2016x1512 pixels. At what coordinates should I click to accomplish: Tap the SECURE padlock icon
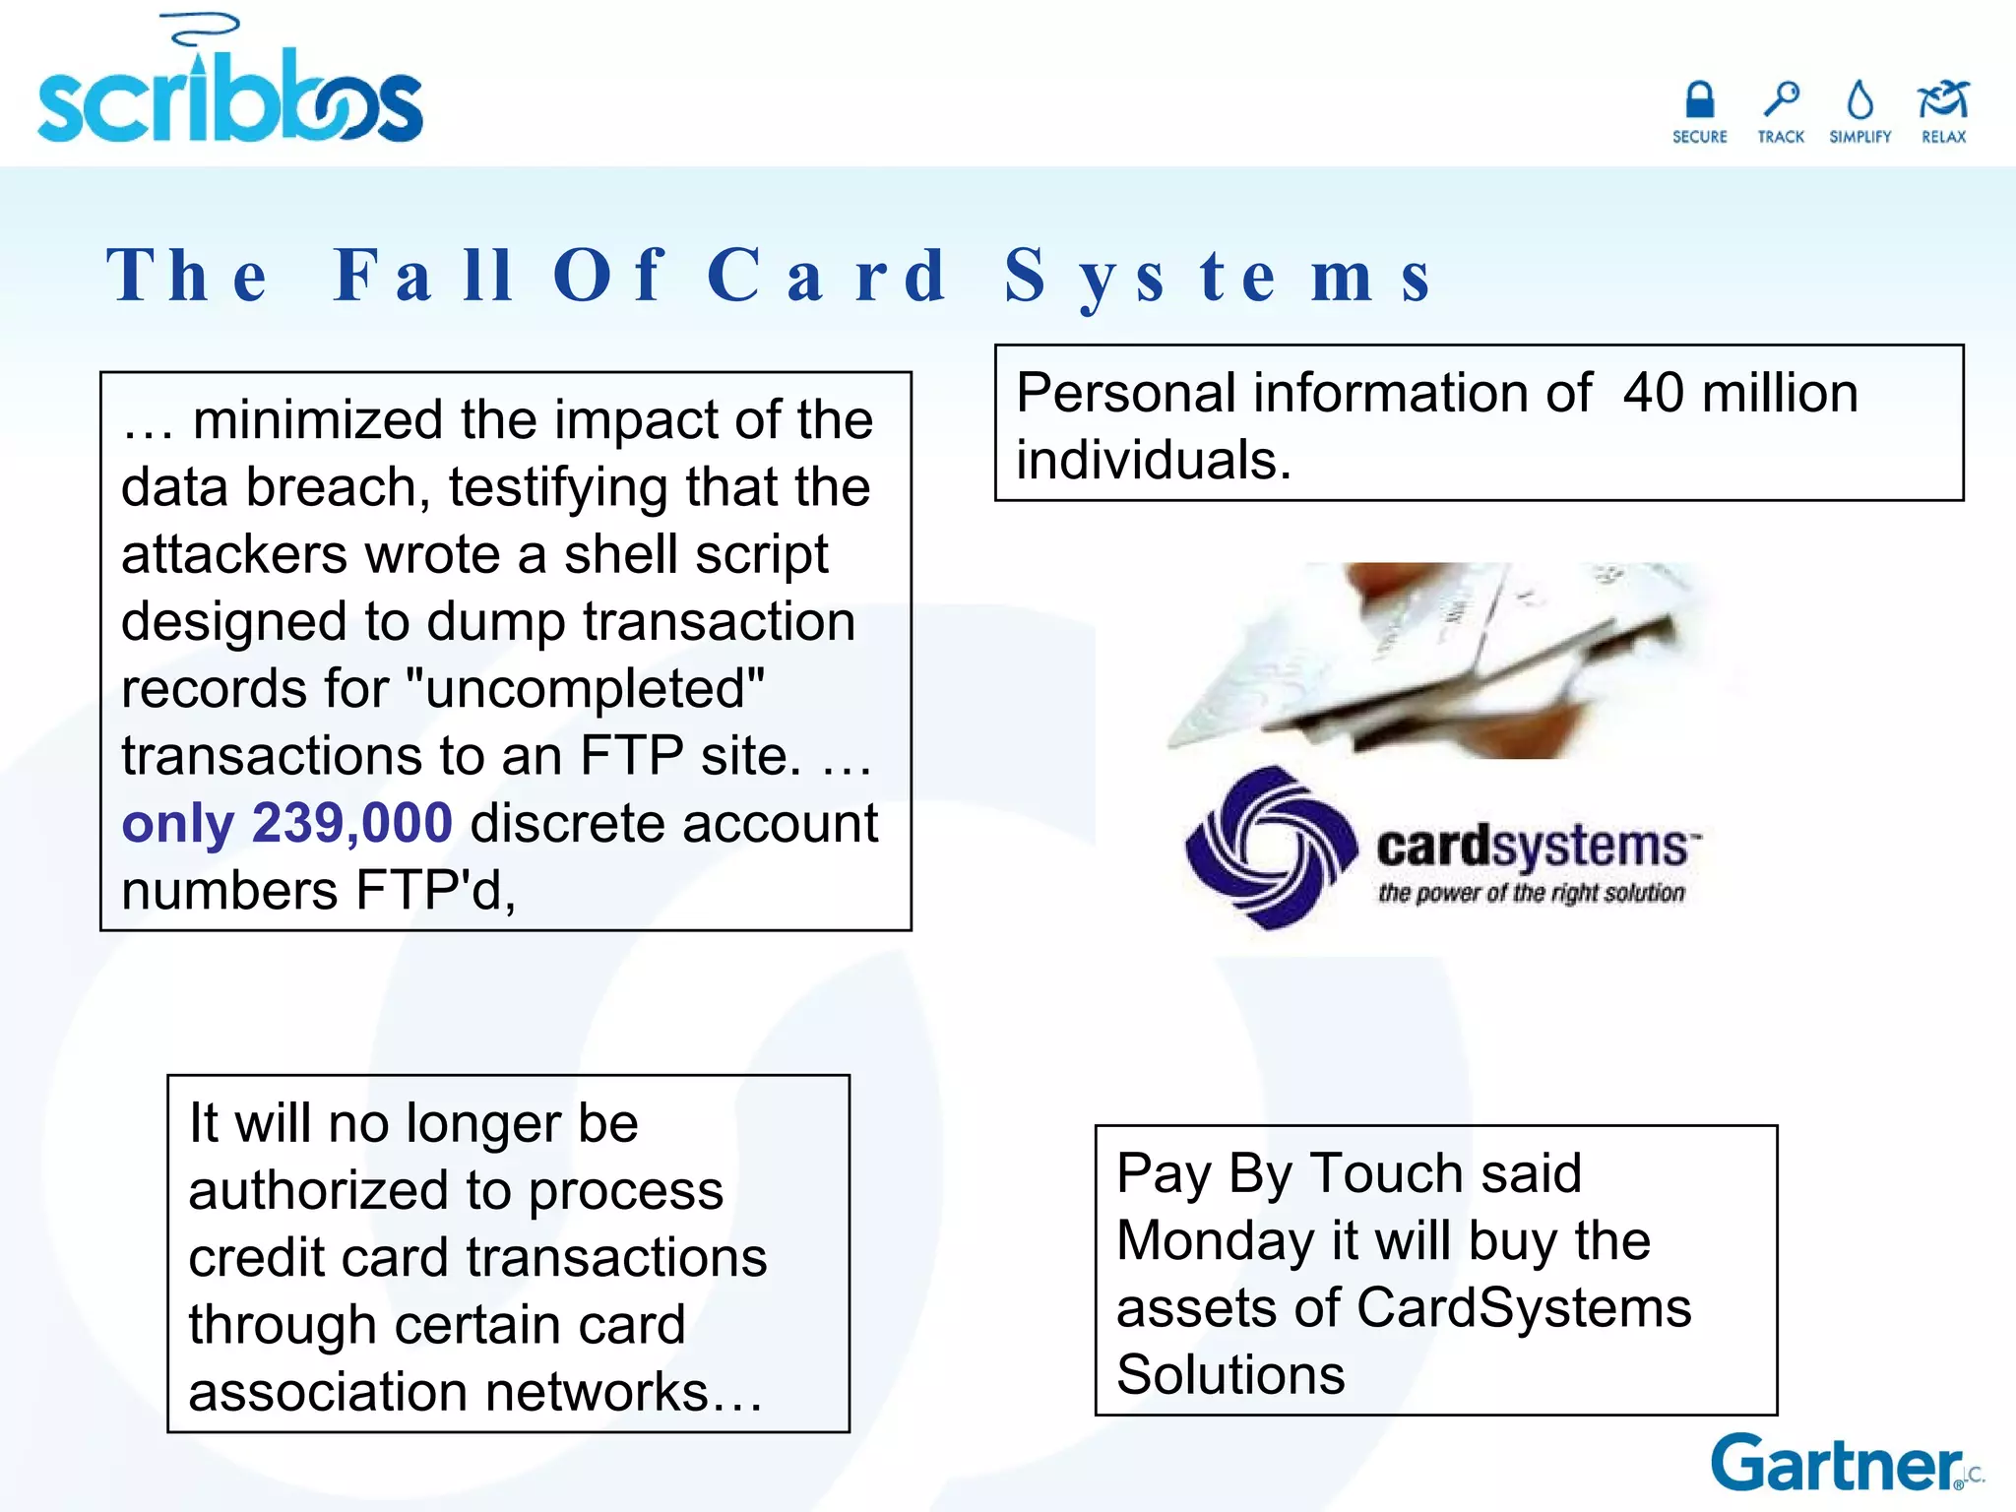[1699, 100]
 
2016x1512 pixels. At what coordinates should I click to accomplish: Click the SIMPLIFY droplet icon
[1859, 100]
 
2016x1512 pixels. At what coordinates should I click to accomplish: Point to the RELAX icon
[1943, 100]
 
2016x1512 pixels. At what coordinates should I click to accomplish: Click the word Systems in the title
[1219, 276]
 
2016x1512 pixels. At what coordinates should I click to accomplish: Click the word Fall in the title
[423, 276]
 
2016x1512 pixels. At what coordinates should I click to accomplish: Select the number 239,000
[351, 823]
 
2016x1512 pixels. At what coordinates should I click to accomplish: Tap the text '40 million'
[1739, 393]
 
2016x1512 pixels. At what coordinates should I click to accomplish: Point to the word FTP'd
[435, 891]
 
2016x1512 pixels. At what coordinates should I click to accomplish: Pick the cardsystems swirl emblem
[1271, 847]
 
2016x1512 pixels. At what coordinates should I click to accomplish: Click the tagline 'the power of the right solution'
[1531, 894]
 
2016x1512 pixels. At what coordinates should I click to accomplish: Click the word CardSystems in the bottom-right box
[1524, 1308]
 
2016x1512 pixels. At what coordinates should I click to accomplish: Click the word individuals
[1153, 461]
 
